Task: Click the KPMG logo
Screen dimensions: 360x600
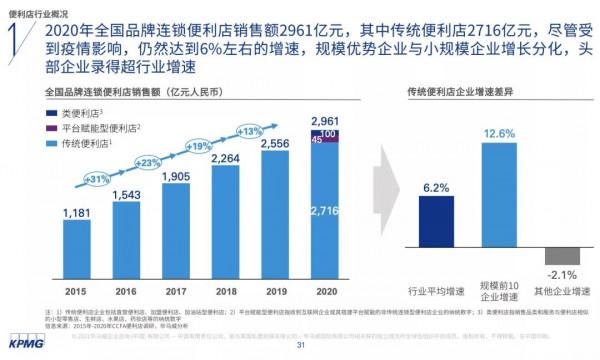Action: (22, 345)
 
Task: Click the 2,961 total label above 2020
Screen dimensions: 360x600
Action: (325, 121)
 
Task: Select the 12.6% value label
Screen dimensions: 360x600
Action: (499, 134)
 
